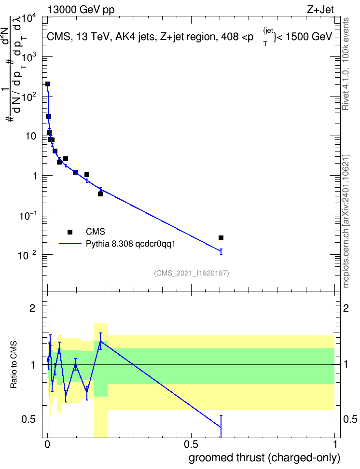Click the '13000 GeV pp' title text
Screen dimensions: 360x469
[81, 10]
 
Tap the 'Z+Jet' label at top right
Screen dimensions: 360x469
[320, 10]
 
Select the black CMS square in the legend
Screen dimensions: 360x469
[70, 232]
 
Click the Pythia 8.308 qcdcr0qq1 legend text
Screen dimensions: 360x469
[130, 244]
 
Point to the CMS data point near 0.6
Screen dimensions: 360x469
[221, 238]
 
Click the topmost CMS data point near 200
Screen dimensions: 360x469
[48, 84]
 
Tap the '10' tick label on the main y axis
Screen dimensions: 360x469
[31, 137]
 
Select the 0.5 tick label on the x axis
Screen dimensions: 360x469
[191, 444]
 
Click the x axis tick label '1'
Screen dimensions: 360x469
[334, 444]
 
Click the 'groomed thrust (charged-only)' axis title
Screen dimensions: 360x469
[264, 458]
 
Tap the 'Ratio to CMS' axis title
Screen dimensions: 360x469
[14, 365]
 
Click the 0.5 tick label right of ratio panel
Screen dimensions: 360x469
[350, 419]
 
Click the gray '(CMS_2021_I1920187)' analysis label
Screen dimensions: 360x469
[192, 273]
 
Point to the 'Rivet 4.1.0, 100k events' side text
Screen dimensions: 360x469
[346, 64]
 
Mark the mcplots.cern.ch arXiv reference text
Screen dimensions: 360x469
[346, 221]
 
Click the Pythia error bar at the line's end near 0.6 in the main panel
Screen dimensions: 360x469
[221, 251]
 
